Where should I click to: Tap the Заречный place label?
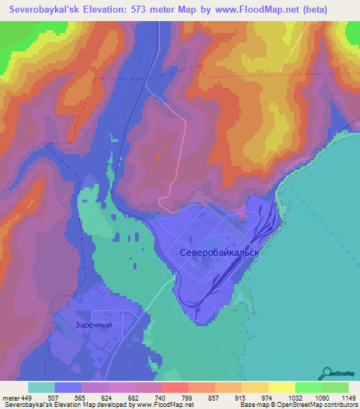point(94,325)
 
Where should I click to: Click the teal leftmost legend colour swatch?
point(41,387)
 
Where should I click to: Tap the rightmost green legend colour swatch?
point(336,387)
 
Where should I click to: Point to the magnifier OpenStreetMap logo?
point(327,373)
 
